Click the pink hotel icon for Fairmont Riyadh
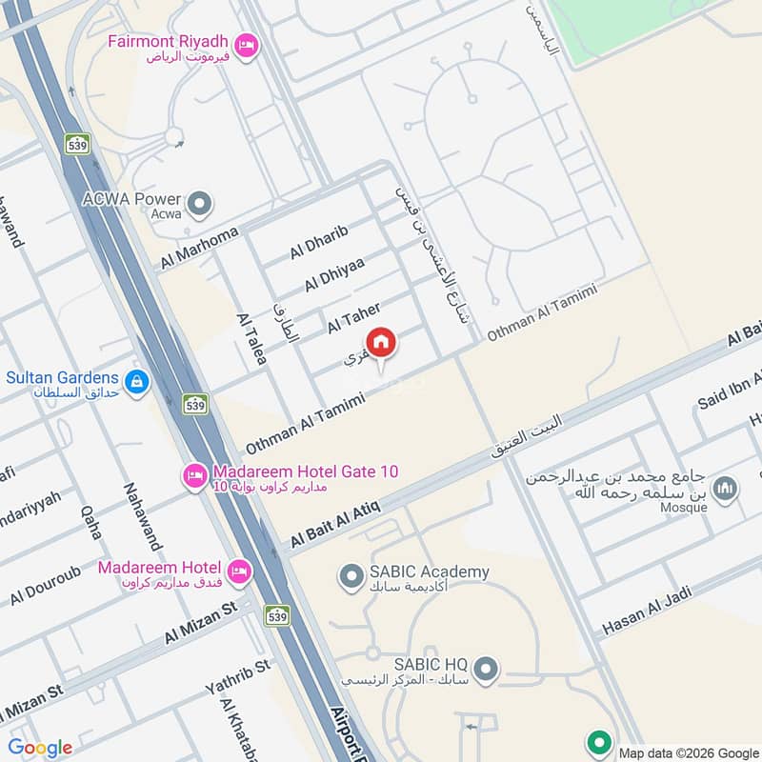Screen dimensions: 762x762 [248, 43]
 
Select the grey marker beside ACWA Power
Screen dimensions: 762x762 [200, 203]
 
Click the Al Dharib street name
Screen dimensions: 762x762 [320, 242]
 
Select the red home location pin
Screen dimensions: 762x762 [381, 343]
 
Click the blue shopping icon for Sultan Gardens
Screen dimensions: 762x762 [138, 381]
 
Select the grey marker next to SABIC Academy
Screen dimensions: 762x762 [351, 575]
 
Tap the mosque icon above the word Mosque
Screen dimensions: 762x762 [727, 489]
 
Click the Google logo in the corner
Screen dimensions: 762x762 [40, 748]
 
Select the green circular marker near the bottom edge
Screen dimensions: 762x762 [599, 742]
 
